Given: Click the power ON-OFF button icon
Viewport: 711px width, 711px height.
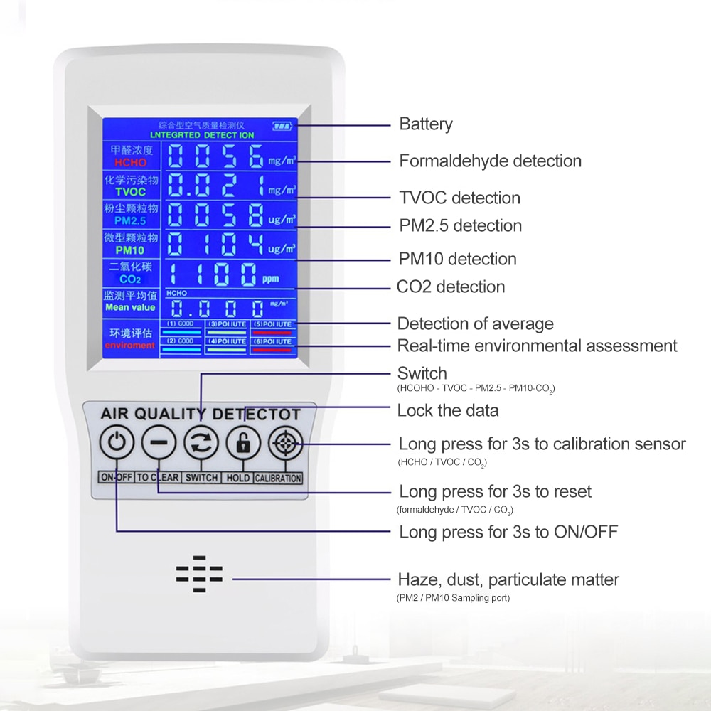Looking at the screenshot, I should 117,444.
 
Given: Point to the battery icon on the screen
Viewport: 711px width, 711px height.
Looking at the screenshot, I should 282,127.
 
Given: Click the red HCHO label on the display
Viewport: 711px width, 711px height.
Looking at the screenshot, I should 129,163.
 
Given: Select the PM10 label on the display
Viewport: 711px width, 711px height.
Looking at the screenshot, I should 129,250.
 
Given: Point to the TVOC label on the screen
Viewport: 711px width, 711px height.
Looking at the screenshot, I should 129,192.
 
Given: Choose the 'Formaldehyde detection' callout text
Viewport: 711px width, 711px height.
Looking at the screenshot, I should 490,161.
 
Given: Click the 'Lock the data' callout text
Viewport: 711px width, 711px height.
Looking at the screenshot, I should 447,410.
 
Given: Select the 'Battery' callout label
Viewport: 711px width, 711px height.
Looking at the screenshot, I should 425,124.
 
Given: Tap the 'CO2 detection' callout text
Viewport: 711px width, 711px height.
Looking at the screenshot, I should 451,287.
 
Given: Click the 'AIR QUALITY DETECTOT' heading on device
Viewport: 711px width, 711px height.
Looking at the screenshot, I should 201,414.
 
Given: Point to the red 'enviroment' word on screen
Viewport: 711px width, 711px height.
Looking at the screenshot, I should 129,346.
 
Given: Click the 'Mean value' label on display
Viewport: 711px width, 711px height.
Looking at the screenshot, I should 129,307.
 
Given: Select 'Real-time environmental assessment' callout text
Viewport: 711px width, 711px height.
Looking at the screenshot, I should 537,346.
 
